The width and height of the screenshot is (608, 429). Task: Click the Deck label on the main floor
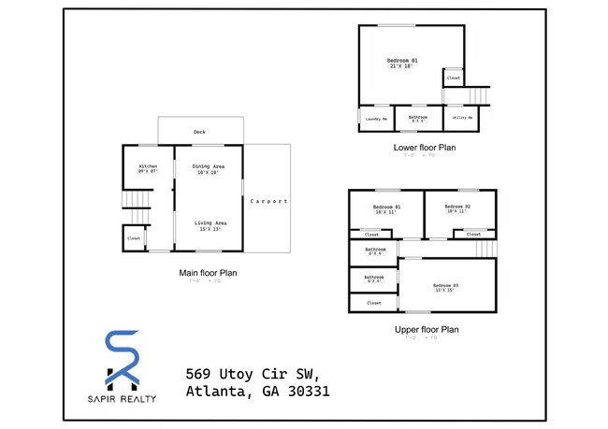199,132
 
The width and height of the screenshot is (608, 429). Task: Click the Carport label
268,201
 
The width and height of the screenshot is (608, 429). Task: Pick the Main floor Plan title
208,273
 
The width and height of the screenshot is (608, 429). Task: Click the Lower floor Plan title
425,148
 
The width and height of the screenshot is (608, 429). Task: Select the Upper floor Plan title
426,329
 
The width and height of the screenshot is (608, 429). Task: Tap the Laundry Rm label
376,119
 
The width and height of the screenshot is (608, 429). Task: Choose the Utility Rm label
462,119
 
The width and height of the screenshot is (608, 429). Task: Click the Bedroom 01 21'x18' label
402,63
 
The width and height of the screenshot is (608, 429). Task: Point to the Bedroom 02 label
456,208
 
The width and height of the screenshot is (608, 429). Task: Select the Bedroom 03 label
445,287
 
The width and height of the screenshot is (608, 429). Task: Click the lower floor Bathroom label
417,119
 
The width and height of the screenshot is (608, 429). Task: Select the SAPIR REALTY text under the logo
122,399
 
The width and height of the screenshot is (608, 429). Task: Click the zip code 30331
305,392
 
